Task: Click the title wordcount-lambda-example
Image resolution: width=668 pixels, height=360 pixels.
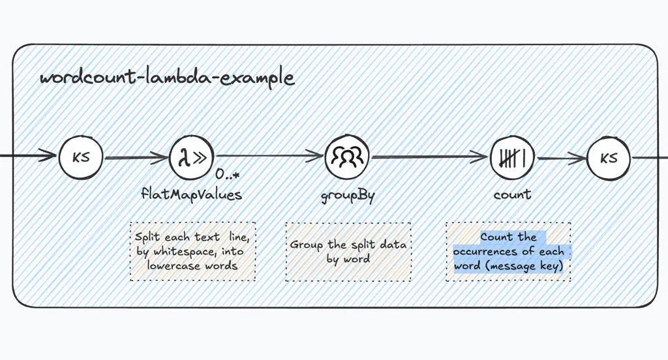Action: pos(166,78)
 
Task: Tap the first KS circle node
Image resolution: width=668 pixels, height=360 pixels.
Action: pos(81,158)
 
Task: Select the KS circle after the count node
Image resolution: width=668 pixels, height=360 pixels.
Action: pos(609,158)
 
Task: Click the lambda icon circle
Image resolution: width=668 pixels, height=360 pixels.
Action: pos(192,158)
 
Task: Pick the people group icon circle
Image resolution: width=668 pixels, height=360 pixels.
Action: pos(348,157)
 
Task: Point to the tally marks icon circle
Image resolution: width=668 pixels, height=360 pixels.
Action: pos(512,157)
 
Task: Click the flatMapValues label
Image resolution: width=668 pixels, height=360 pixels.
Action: pos(191,194)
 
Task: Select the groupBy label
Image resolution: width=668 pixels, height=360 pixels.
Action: pos(348,195)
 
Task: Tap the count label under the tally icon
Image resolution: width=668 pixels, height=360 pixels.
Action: pos(512,194)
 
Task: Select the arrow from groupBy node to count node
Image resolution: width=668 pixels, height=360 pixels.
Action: pos(430,157)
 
